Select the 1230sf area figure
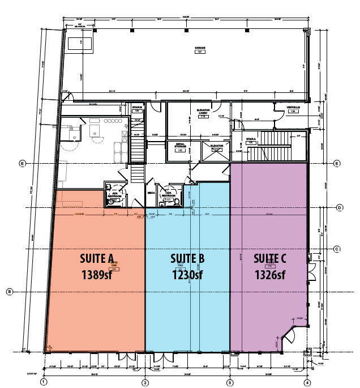pos(187,275)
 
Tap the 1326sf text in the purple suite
pos(270,275)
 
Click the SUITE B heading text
pos(187,259)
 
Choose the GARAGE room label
pos(199,49)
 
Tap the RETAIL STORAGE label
pos(180,146)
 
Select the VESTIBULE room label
pos(293,108)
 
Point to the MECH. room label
pos(151,192)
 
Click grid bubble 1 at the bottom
pos(43,382)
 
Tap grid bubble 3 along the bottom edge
pos(230,382)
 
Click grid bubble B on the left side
pos(9,292)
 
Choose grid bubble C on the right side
pos(336,249)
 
